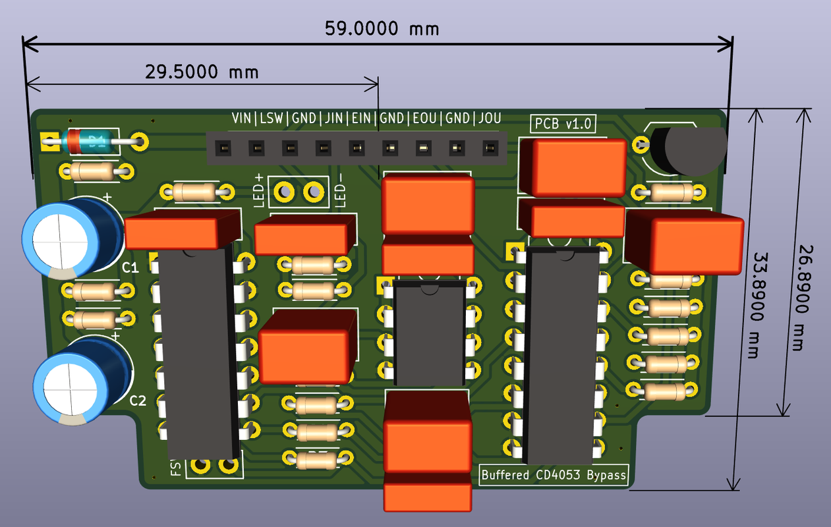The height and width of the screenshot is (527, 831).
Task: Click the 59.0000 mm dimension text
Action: tap(382, 28)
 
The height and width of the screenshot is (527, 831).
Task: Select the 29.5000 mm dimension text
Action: tap(202, 71)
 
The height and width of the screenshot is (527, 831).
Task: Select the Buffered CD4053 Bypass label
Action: tap(554, 475)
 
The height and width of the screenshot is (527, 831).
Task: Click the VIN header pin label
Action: tap(241, 119)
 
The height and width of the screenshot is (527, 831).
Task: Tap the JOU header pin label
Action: tap(489, 119)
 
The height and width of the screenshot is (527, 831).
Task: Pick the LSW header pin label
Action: tap(271, 119)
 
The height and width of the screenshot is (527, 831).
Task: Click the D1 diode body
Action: tap(93, 140)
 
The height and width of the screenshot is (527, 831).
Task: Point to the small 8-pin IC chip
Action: tap(429, 332)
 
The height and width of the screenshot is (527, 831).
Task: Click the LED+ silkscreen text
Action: tap(259, 191)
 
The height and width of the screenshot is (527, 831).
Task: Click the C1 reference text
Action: tap(130, 267)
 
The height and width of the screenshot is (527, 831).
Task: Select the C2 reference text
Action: tap(138, 400)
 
